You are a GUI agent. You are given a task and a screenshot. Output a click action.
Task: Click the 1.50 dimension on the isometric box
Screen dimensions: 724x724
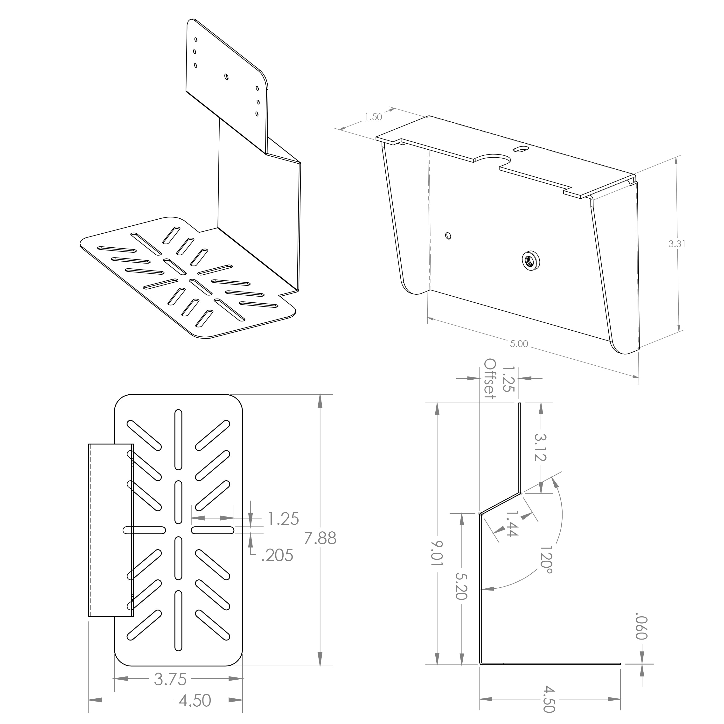[x=373, y=117]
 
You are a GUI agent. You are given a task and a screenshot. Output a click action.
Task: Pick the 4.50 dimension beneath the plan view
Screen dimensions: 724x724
[x=195, y=699]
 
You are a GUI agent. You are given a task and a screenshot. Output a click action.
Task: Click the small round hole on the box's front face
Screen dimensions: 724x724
[x=448, y=236]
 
